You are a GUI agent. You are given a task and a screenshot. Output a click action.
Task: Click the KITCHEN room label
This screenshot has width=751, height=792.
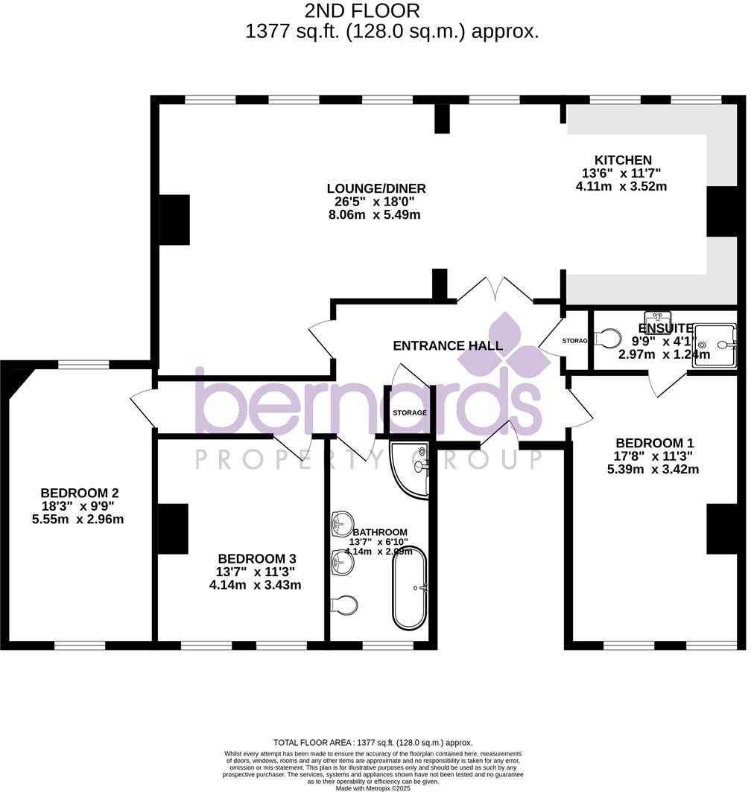pos(623,160)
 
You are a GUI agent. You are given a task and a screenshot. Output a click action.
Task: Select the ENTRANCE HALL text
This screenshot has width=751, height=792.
pos(447,345)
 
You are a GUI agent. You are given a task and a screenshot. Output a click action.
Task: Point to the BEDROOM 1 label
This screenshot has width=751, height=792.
pos(653,442)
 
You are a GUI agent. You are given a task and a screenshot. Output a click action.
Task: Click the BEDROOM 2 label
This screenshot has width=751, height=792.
pos(80,493)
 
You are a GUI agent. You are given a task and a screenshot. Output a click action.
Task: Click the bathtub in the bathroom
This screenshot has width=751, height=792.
pos(410,588)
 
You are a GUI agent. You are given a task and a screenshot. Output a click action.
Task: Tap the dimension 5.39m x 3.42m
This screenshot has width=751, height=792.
pos(653,469)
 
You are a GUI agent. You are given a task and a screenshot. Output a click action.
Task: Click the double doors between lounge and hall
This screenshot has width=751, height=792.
pos(495,292)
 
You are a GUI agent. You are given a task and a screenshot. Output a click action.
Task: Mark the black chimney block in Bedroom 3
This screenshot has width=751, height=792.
pos(173,528)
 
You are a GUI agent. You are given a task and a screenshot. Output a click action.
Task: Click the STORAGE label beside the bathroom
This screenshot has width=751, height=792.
pos(410,412)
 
